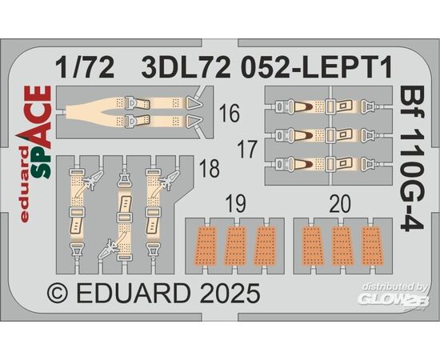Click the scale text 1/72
point(85,68)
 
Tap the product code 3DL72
point(186,68)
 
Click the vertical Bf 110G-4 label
point(411,159)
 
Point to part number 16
point(230,113)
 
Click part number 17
point(247,150)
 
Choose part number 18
point(209,168)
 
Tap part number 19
point(236,204)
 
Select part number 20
point(340,204)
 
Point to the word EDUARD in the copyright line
point(134,294)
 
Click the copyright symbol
point(58,294)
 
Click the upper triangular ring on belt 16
point(194,104)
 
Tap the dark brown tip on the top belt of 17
point(308,106)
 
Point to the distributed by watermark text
point(394,286)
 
